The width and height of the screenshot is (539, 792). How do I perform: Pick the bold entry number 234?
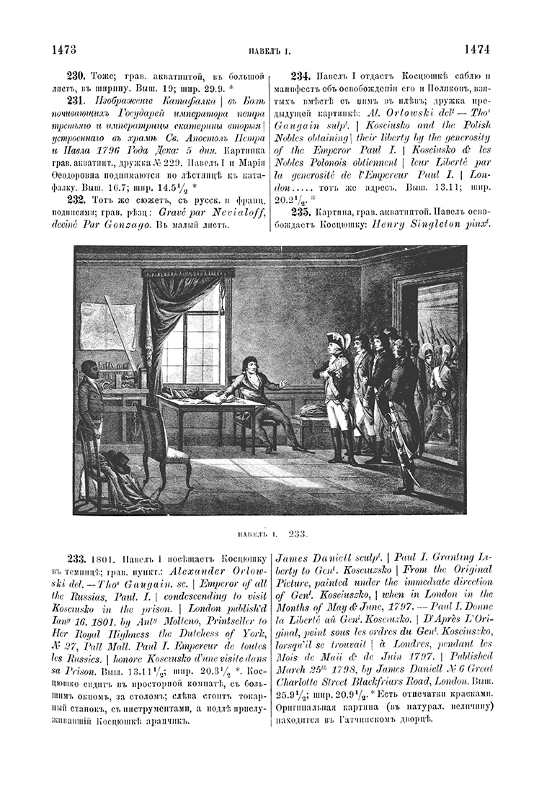[300, 75]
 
